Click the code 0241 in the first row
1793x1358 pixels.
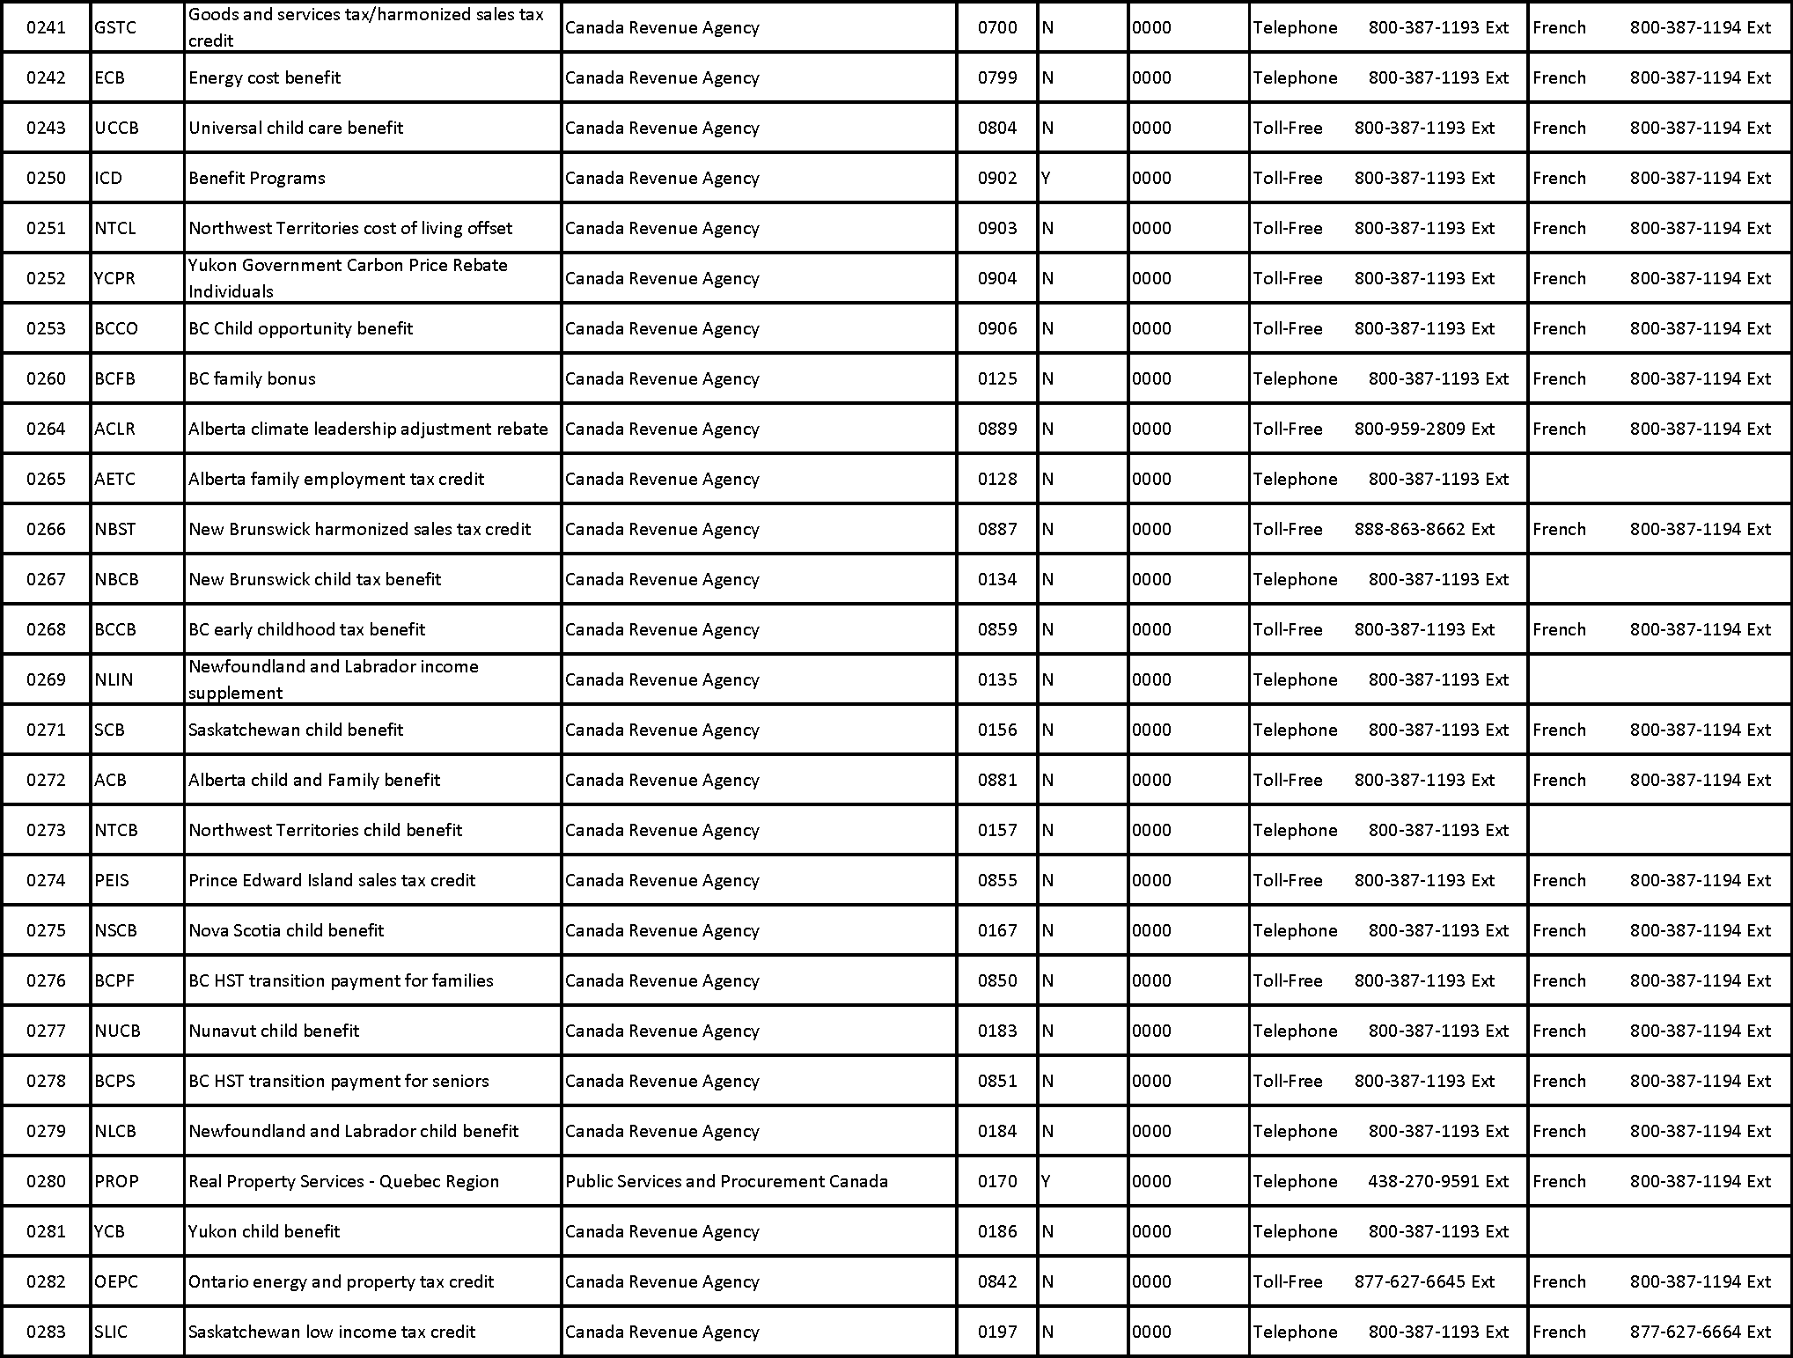click(46, 27)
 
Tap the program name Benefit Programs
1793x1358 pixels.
click(256, 178)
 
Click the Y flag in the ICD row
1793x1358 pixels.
click(1046, 178)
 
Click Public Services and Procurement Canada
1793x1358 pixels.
click(726, 1181)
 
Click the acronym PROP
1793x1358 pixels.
click(117, 1181)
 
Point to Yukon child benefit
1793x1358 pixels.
click(264, 1231)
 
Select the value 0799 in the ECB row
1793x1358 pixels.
click(997, 77)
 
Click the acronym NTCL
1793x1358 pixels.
click(115, 228)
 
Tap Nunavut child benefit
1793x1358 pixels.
click(274, 1031)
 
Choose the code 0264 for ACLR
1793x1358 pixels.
click(46, 429)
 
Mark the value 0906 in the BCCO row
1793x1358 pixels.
click(997, 328)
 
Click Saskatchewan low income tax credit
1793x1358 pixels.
click(332, 1332)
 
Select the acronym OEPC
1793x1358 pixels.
click(116, 1281)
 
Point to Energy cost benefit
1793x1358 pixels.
click(264, 77)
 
